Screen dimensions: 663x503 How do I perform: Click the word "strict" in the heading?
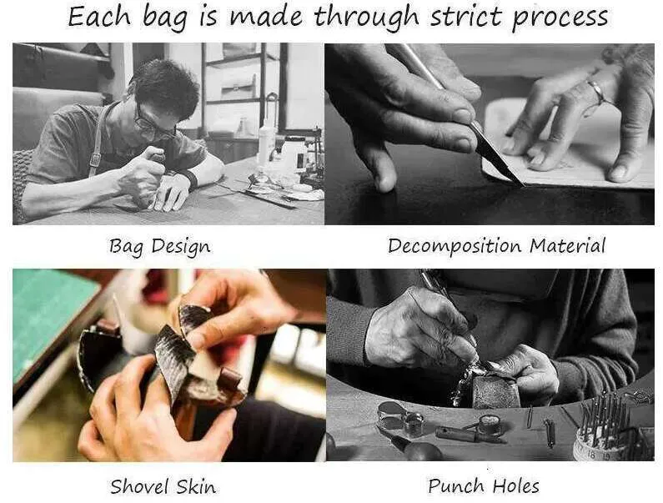[466, 17]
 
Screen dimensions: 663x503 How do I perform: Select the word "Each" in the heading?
[99, 17]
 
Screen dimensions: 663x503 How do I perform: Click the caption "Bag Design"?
[159, 246]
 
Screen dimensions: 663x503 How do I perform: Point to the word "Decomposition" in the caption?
[455, 246]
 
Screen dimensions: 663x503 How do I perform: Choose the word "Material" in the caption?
[568, 245]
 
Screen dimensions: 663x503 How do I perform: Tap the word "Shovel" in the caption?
[139, 485]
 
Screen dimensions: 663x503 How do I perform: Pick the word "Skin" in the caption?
[196, 486]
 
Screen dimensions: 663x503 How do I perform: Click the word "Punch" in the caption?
[455, 485]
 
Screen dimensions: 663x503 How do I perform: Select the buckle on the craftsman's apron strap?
[95, 159]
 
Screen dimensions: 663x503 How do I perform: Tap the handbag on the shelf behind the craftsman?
[239, 87]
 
